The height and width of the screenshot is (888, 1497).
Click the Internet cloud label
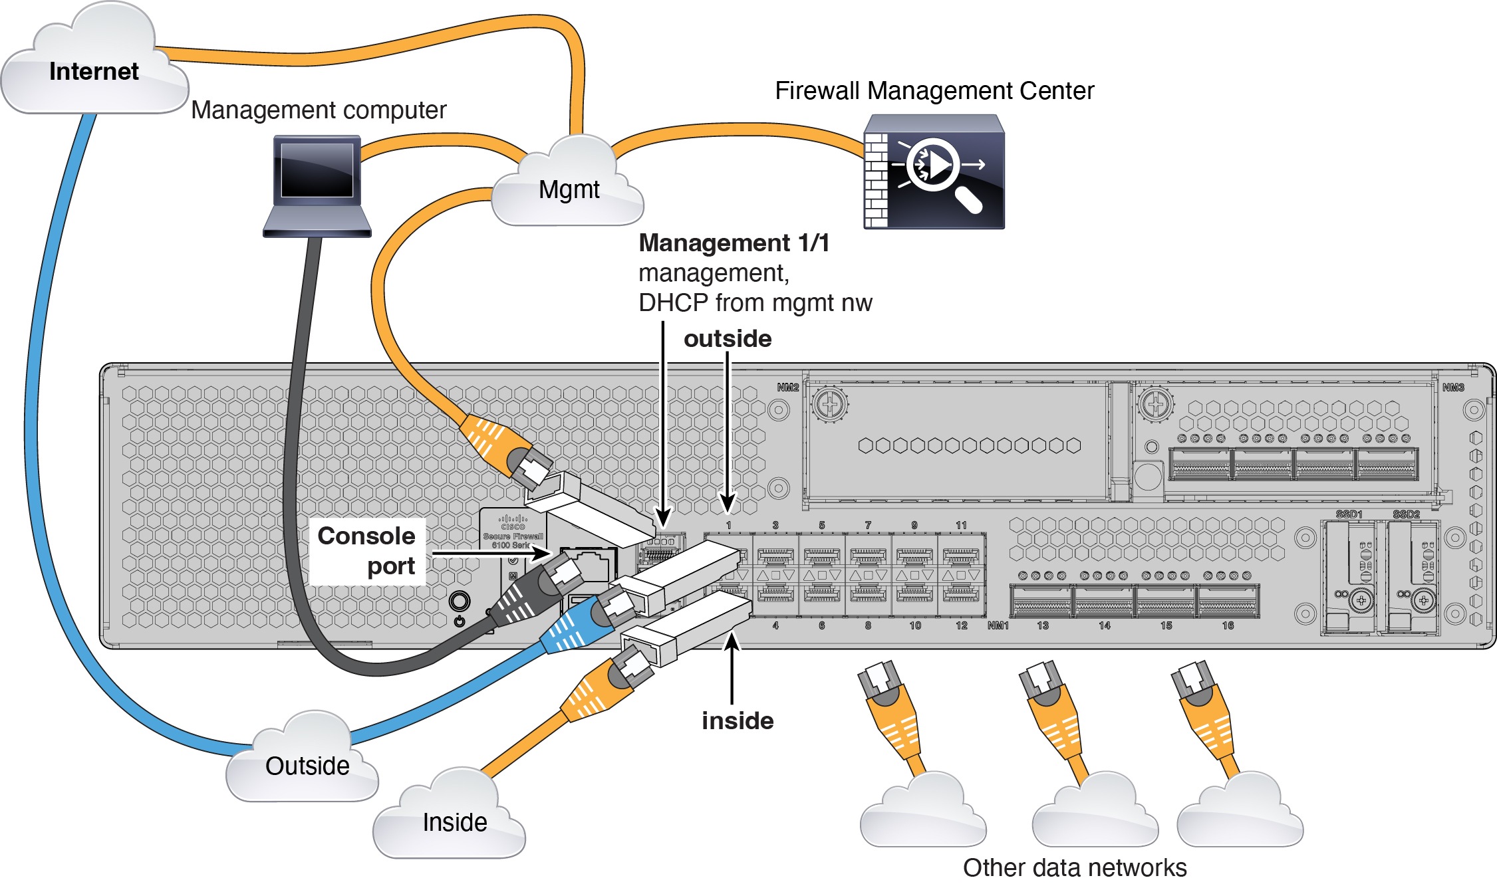point(94,71)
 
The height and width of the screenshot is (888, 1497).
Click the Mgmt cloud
point(569,189)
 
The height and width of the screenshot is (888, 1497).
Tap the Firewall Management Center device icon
point(934,171)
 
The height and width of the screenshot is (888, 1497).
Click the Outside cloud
point(307,766)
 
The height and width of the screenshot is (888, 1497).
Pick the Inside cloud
point(454,822)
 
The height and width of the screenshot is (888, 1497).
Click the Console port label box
point(367,551)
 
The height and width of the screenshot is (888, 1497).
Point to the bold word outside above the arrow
point(728,339)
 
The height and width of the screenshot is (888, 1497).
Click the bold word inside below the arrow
point(738,721)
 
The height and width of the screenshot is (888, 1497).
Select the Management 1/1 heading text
point(734,243)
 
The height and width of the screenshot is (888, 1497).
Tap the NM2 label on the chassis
point(787,388)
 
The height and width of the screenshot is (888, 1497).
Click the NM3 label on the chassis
point(1453,388)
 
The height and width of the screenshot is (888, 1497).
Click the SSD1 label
point(1349,514)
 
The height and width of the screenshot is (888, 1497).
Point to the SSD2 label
point(1406,514)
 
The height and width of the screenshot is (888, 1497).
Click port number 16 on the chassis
point(1228,625)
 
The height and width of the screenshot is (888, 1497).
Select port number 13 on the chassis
point(1043,625)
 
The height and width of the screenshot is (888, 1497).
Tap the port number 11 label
point(961,525)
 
